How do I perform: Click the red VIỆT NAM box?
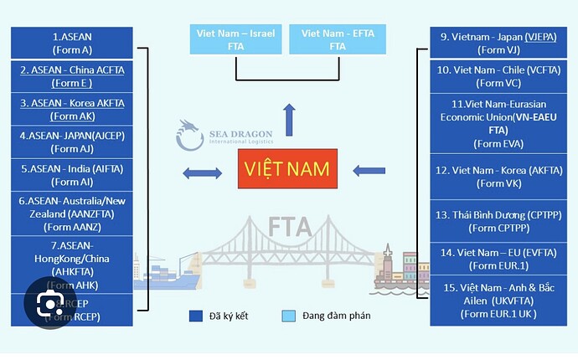click(x=286, y=169)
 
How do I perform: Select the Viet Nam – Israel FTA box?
click(x=235, y=40)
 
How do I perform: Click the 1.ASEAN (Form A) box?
click(x=72, y=43)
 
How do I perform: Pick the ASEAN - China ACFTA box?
click(x=72, y=76)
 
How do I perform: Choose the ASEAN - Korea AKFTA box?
click(x=72, y=109)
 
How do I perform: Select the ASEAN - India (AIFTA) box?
click(x=72, y=174)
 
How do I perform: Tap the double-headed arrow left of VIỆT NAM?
click(x=203, y=173)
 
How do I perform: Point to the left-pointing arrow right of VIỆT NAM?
click(x=369, y=171)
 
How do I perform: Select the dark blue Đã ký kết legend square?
click(x=195, y=316)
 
